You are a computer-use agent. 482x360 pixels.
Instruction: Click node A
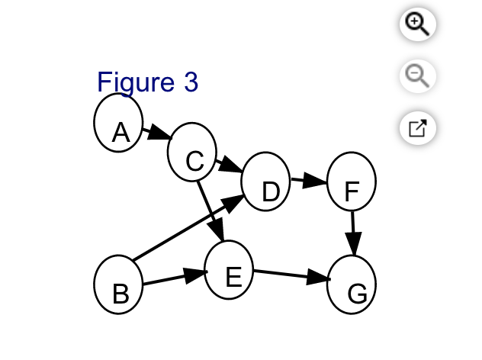click(119, 124)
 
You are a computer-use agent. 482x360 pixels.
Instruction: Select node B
click(118, 284)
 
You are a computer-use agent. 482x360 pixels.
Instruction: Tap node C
click(192, 153)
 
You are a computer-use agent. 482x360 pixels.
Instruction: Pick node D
click(265, 182)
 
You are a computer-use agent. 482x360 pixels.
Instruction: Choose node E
click(229, 270)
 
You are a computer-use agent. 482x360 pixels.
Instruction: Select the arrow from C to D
click(228, 164)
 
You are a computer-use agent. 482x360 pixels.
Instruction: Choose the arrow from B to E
click(175, 279)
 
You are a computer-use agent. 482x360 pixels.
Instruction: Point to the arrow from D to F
click(308, 182)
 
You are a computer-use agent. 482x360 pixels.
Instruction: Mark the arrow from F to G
click(352, 233)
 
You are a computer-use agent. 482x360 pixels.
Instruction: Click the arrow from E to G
click(290, 275)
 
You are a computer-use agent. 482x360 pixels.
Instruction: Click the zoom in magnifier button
click(418, 24)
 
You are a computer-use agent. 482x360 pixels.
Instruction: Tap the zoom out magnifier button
click(418, 76)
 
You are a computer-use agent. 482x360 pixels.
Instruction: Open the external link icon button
click(418, 127)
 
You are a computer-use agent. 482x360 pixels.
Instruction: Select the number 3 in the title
click(190, 82)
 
